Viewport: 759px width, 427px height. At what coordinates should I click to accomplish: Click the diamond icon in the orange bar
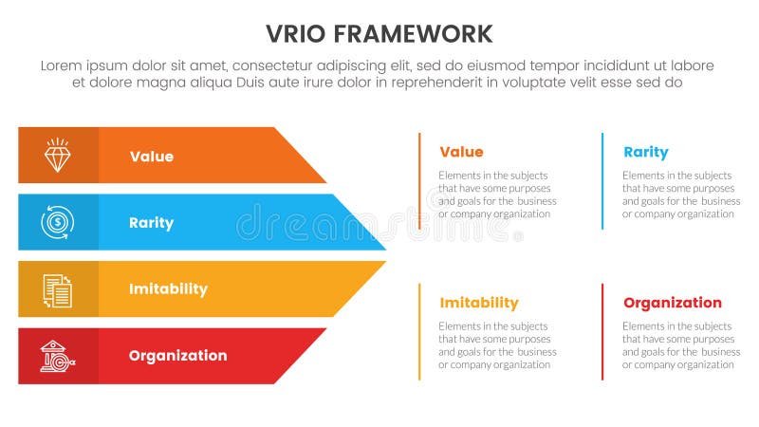(x=58, y=156)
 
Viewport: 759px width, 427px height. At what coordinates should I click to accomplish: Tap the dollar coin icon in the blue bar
(x=58, y=222)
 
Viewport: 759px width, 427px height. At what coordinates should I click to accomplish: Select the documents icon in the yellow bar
(x=58, y=289)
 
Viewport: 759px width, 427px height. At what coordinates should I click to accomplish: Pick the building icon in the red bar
(x=58, y=356)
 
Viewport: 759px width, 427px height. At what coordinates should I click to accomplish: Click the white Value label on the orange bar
(x=152, y=157)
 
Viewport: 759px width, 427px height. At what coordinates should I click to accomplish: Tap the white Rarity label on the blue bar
(x=152, y=223)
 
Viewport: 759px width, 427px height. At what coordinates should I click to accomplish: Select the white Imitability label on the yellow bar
(x=168, y=289)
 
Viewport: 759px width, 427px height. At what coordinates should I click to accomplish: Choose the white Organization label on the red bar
(x=177, y=356)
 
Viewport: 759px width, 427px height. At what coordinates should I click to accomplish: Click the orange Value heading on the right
(x=461, y=152)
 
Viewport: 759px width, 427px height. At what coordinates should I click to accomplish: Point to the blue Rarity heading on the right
(x=646, y=152)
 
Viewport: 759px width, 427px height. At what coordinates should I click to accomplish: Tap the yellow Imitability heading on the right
(x=479, y=303)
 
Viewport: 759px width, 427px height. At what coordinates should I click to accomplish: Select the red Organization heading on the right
(x=673, y=303)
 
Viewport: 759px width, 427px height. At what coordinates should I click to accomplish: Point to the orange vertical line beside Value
(x=419, y=180)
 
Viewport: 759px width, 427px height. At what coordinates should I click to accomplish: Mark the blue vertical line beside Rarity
(x=602, y=180)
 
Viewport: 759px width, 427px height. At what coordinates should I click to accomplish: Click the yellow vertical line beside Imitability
(x=419, y=331)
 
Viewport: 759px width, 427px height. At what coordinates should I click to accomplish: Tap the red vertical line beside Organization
(x=602, y=331)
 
